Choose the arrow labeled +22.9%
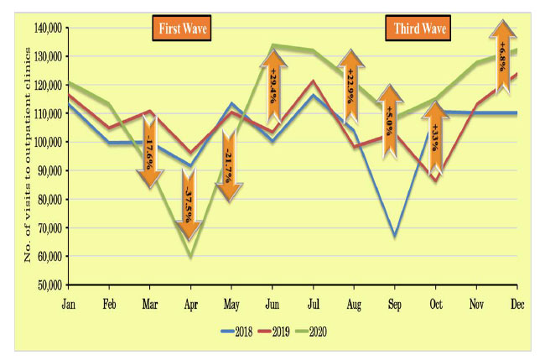351,87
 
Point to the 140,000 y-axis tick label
48,28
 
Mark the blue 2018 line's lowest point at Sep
395,237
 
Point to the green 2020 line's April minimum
190,256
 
